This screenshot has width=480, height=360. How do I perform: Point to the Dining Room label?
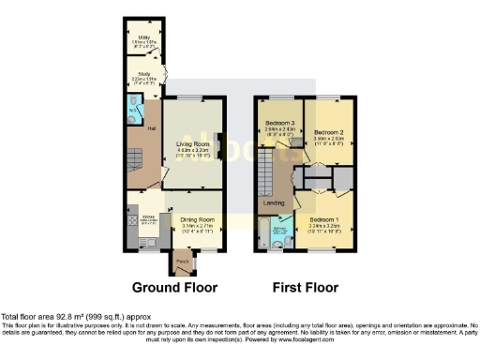click(198, 219)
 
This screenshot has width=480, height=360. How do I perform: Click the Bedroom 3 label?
click(279, 124)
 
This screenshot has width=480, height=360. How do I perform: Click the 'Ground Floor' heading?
click(174, 287)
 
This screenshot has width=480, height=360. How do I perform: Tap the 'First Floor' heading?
click(306, 287)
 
